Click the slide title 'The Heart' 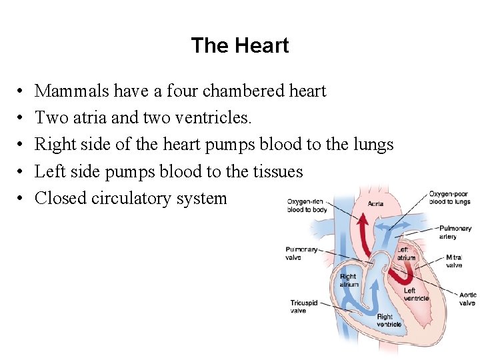pyautogui.click(x=239, y=45)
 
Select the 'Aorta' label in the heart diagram pyautogui.click(x=375, y=203)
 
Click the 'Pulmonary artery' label pyautogui.click(x=455, y=232)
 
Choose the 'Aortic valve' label pyautogui.click(x=467, y=299)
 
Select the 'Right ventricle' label pyautogui.click(x=389, y=321)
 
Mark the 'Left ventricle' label pyautogui.click(x=416, y=294)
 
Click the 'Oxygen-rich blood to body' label pyautogui.click(x=306, y=205)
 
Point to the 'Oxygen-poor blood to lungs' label pyautogui.click(x=449, y=197)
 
